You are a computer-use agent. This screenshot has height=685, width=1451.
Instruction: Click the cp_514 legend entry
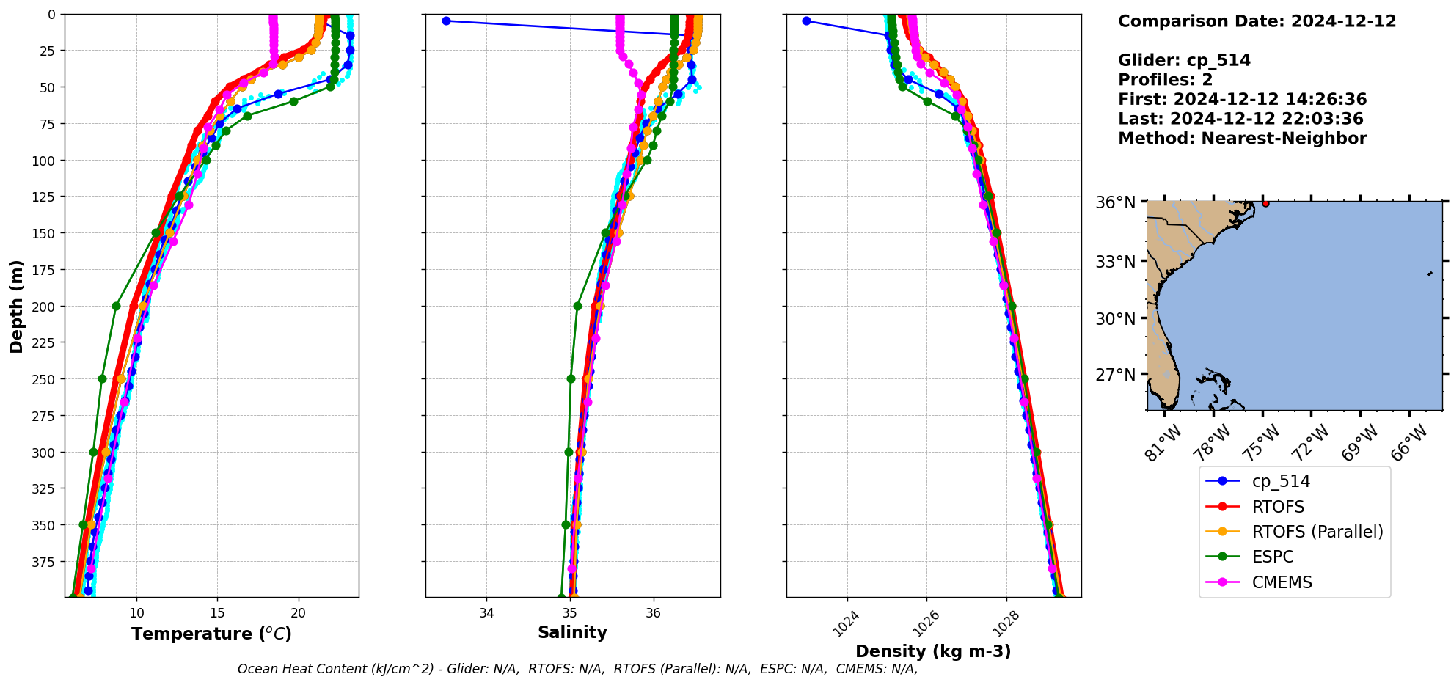pos(1280,482)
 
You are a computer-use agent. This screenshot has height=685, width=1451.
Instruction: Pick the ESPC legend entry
pos(1273,557)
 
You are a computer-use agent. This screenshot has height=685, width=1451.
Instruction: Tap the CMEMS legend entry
pos(1282,582)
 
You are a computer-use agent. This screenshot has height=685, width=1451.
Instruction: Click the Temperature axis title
pos(211,634)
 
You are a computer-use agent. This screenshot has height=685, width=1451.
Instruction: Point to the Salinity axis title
pos(572,632)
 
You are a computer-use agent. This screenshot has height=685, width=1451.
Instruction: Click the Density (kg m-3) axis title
pos(933,651)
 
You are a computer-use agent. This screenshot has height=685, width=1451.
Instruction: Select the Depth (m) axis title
pos(17,306)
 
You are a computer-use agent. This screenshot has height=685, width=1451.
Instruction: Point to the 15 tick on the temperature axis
pos(217,612)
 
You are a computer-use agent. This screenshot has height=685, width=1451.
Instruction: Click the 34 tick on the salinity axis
pos(486,612)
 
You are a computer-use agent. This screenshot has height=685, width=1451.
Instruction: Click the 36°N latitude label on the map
pos(1115,202)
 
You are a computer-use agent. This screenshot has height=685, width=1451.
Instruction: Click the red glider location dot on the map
pos(1265,203)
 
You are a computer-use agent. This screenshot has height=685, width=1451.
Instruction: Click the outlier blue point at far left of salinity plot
pos(446,21)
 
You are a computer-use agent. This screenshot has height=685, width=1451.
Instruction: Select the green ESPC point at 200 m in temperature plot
pos(116,306)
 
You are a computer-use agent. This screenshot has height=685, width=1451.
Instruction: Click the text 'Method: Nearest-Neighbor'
pos(1242,139)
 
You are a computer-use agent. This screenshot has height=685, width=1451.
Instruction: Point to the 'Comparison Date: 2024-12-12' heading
pos(1257,21)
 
